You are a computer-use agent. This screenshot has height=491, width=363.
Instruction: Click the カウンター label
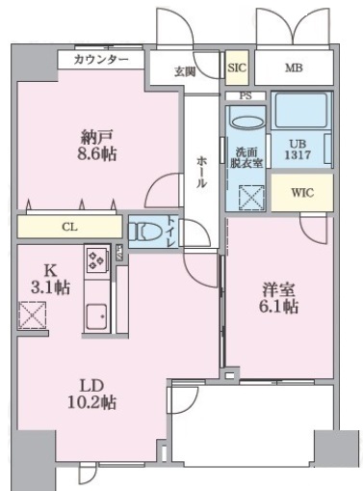[x=100, y=60]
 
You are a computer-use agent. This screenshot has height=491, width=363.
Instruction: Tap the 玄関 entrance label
[x=185, y=70]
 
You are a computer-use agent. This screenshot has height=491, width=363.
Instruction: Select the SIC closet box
[x=237, y=68]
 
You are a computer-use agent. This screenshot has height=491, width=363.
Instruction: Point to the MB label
[x=293, y=68]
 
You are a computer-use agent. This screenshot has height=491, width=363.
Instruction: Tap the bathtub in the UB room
[x=300, y=112]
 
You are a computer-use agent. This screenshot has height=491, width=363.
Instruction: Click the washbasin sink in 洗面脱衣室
[x=247, y=123]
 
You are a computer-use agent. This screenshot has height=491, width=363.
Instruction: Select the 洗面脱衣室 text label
[x=246, y=157]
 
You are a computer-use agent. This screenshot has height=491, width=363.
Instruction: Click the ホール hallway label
[x=202, y=171]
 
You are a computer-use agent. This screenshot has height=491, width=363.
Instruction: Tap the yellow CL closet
[x=69, y=227]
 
